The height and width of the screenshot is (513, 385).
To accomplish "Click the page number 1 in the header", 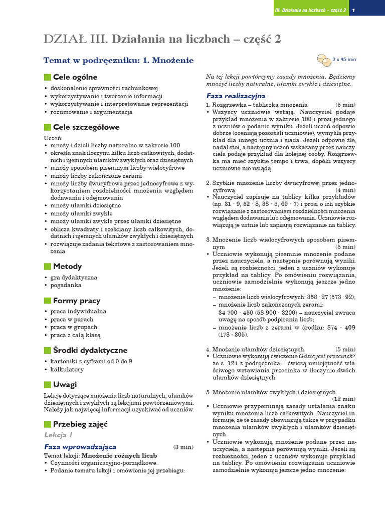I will pos(353,11).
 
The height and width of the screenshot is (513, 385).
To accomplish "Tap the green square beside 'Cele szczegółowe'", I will pos(48,127).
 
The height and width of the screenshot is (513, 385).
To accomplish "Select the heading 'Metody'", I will pos(67,267).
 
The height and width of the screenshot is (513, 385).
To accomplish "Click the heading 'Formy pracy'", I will pos(77,301).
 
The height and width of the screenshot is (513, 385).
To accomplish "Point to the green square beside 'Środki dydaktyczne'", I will pos(48,350).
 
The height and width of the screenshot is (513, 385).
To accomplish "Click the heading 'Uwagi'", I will pos(65,385).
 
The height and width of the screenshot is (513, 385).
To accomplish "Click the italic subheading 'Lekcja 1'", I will pos(58,435).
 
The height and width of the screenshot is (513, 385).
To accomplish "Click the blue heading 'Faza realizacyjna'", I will pos(236,96).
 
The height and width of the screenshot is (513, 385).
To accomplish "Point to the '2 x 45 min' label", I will pos(344,59).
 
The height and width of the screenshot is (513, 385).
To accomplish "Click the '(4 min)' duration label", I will pos(346,190).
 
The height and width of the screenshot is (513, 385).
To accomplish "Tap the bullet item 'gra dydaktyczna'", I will pos(74,277).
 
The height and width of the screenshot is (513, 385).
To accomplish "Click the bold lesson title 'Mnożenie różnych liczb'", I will pos(119,456).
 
